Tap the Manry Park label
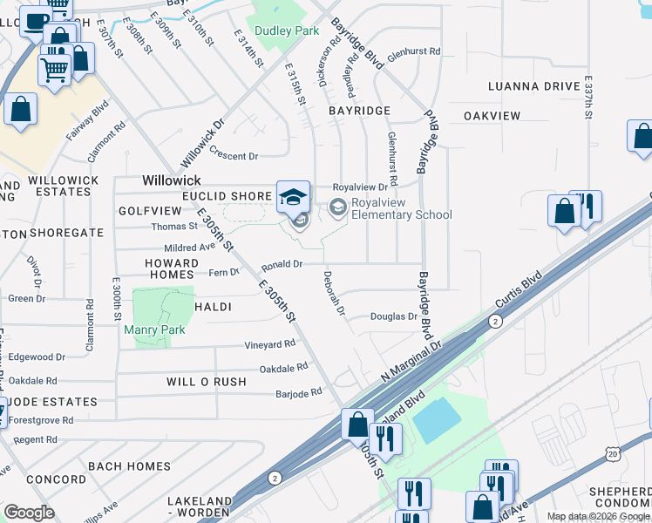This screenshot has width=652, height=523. [x=155, y=329]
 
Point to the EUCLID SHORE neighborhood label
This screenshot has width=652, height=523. [x=214, y=196]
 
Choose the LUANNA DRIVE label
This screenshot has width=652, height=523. [x=534, y=86]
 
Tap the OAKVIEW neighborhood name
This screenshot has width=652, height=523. [x=492, y=116]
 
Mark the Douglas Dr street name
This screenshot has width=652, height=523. [x=394, y=316]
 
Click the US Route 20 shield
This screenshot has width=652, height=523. [x=614, y=453]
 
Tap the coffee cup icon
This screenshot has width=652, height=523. [x=35, y=20]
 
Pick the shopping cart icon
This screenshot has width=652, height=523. [x=54, y=67]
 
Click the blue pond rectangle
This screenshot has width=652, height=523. [x=437, y=419]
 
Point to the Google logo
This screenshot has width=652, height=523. [x=29, y=512]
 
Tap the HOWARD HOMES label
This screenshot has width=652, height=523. [x=172, y=268]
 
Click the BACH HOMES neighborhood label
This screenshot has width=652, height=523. [x=129, y=466]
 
